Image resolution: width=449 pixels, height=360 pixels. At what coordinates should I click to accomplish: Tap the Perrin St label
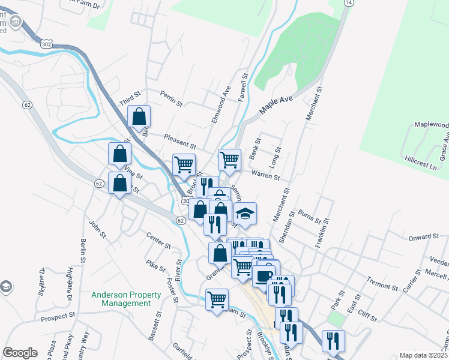(x=171, y=98)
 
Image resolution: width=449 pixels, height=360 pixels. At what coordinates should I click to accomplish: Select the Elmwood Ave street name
(x=221, y=105)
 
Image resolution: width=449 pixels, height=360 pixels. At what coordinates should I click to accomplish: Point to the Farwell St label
(x=244, y=88)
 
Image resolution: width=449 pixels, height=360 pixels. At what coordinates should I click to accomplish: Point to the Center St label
(x=159, y=241)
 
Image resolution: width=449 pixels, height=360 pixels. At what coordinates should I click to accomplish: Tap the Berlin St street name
(x=82, y=254)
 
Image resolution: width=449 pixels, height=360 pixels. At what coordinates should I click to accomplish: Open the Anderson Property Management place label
(x=126, y=299)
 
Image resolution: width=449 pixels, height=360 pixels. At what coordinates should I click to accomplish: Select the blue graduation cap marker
(x=244, y=214)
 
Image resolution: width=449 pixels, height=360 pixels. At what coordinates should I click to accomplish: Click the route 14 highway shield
(x=348, y=3)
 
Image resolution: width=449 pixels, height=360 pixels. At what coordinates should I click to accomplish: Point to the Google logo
(x=20, y=353)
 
